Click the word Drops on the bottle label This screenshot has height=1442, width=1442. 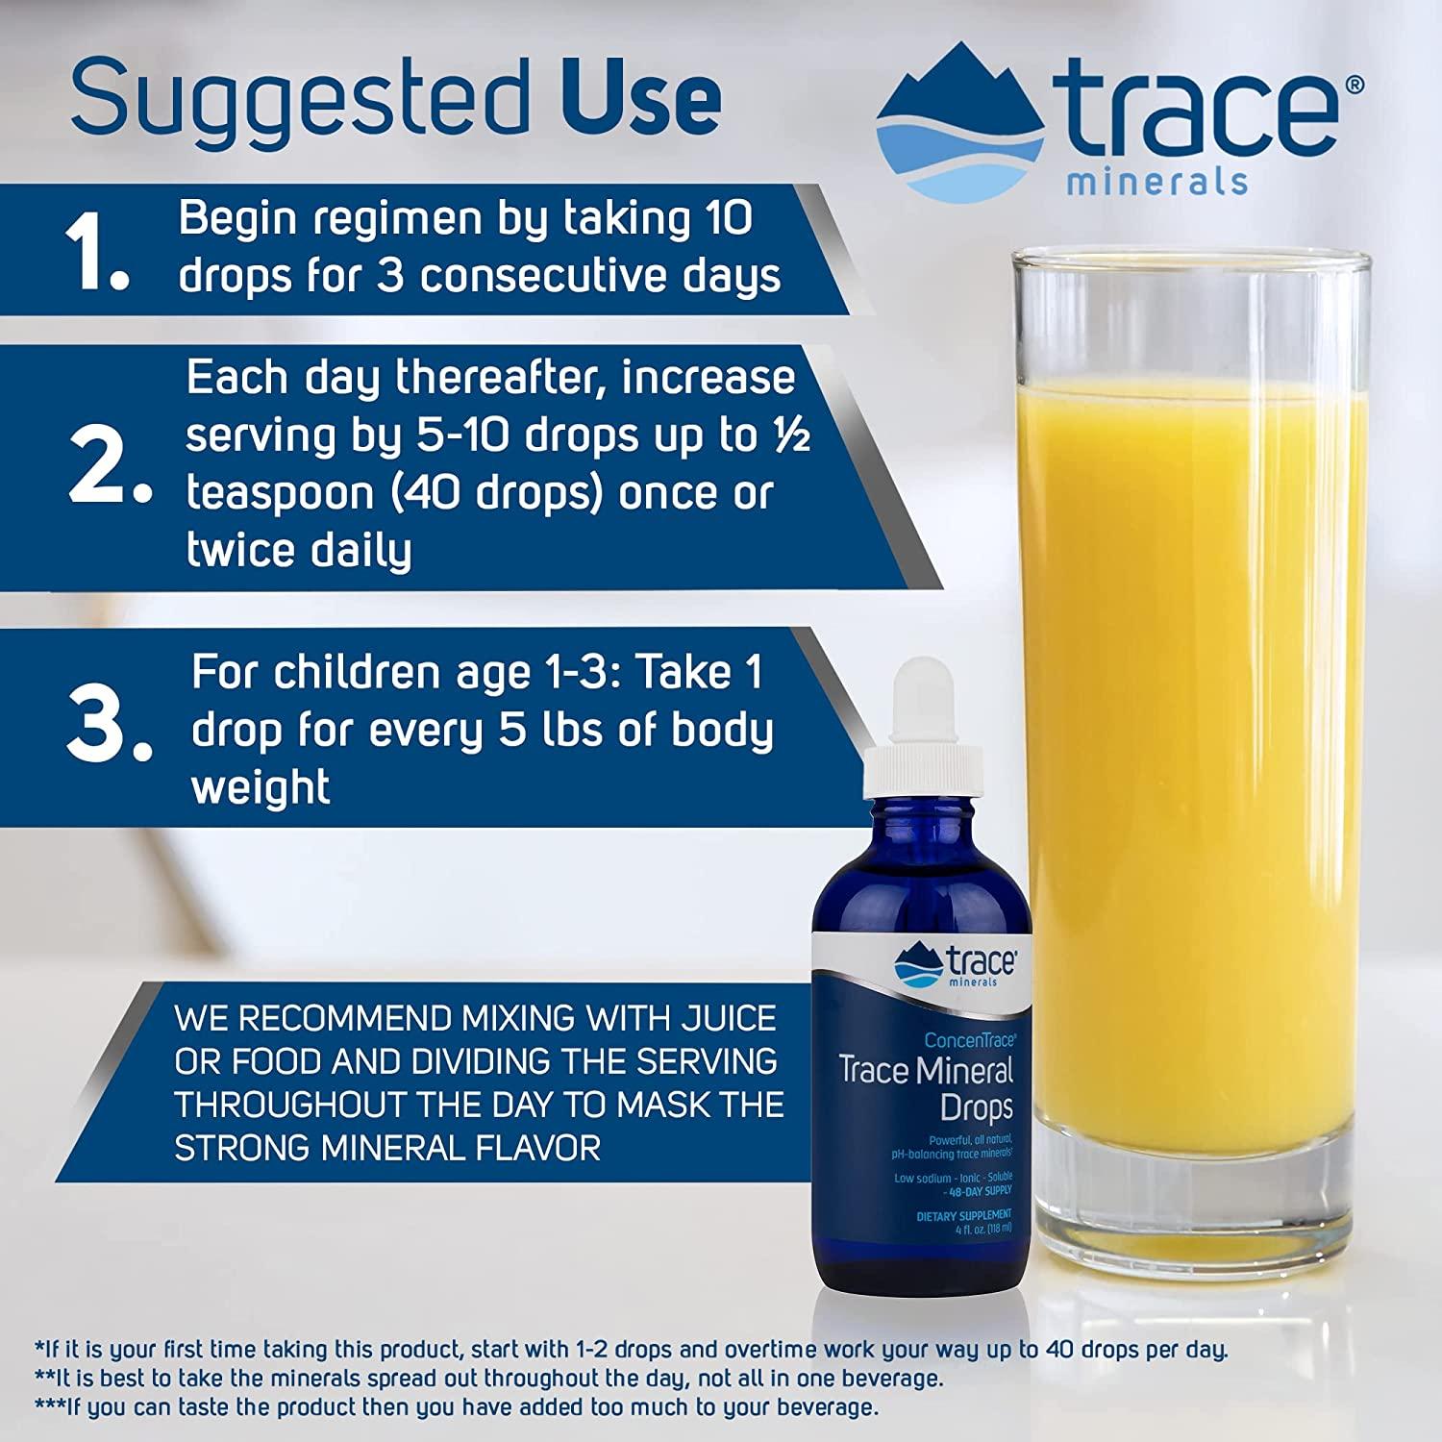[x=976, y=1107]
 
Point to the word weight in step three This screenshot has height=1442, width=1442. [x=261, y=787]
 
